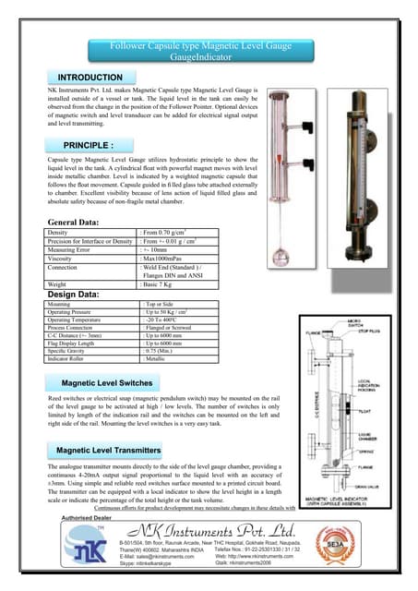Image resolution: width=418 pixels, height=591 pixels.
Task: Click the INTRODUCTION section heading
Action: click(90, 77)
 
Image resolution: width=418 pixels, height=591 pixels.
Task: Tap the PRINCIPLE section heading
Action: click(89, 146)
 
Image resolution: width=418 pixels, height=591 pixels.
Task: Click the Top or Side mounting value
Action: click(162, 302)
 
